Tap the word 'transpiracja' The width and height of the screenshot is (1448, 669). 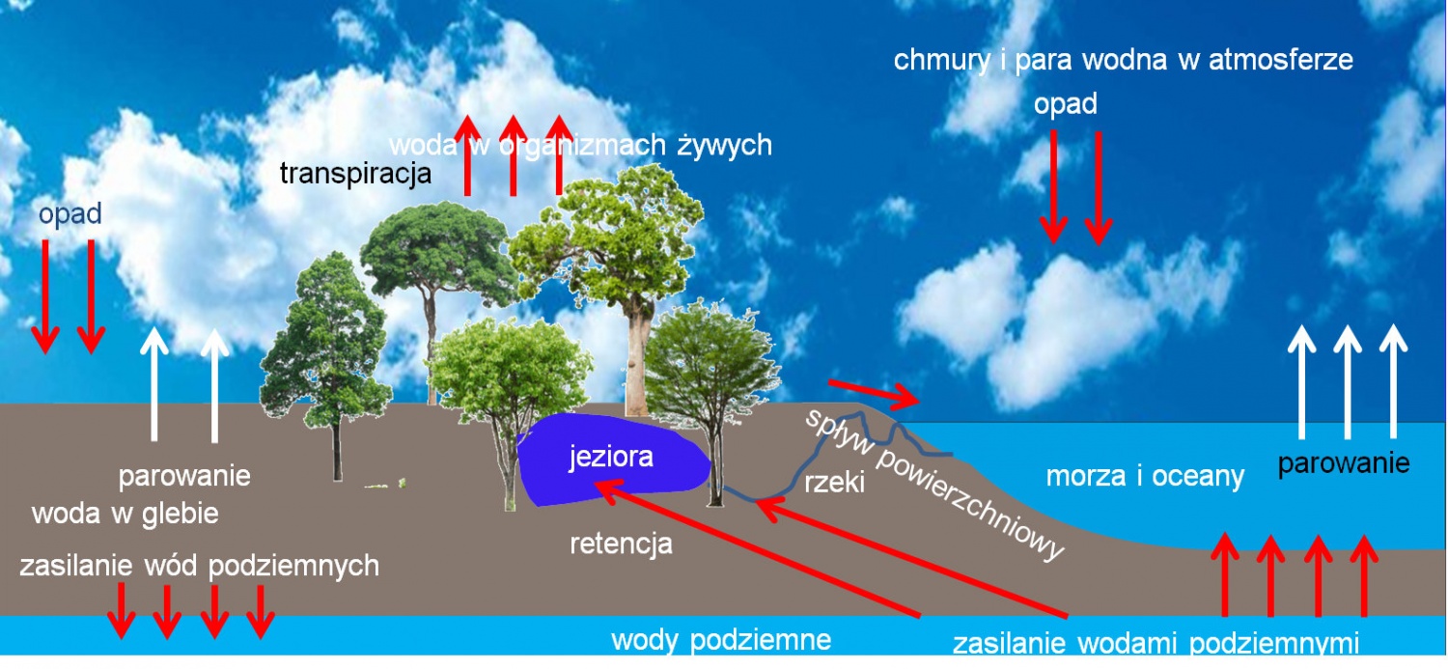coord(355,174)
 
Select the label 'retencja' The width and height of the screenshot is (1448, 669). coord(621,544)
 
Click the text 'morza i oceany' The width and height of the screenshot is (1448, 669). coord(1145,476)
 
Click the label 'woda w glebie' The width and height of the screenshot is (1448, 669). coord(125,514)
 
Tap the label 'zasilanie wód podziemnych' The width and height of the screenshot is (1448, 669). coord(199,566)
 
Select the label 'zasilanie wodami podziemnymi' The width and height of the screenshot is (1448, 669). coord(1156,644)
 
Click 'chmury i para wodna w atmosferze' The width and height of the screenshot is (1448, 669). coord(1123,60)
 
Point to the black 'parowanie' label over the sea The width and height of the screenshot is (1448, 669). coord(1344,463)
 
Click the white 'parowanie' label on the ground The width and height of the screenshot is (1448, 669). coord(184,476)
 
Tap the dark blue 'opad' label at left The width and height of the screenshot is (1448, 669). coord(70,214)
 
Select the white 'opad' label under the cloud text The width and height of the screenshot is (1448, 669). coord(1066,104)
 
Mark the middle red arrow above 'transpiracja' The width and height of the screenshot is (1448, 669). coord(513,154)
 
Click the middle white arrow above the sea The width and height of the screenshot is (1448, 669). coord(1347,381)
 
